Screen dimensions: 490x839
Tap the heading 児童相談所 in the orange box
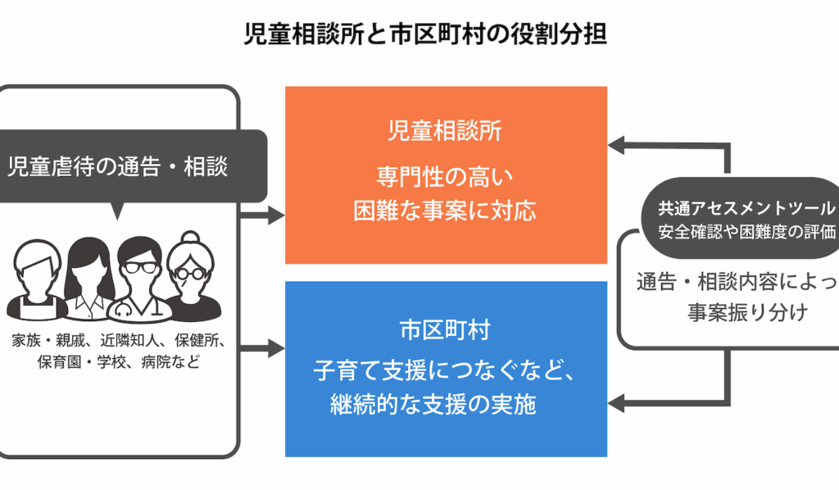coord(446,131)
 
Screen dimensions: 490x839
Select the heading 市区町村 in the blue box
coord(446,330)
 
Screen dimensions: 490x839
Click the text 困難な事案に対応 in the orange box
coord(446,210)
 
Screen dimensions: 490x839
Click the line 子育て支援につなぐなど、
coord(446,370)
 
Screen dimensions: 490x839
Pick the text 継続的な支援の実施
coord(434,404)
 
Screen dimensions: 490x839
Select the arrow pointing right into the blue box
coord(264,349)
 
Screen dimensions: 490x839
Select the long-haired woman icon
coord(85,266)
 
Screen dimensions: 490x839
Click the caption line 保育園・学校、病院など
coord(118,361)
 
